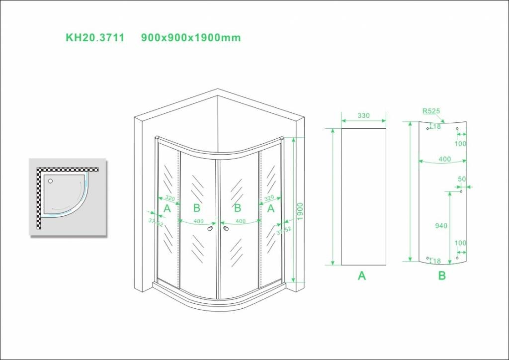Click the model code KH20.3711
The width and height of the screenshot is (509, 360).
95,38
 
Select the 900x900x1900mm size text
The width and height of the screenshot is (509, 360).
191,38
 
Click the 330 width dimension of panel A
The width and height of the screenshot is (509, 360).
363,115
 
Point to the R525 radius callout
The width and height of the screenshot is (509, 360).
431,111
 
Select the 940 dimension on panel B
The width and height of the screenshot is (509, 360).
441,226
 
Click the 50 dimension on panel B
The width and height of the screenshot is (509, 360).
462,179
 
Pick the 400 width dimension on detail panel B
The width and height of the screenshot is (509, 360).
444,159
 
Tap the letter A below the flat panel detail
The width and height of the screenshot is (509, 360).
362,275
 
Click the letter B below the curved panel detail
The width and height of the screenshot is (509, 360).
442,275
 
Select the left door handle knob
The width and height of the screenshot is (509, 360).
211,228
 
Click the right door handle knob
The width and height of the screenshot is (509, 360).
226,228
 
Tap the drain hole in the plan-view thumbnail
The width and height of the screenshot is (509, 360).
51,181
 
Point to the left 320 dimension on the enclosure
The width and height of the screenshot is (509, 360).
170,198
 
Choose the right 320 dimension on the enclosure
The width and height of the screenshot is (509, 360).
269,198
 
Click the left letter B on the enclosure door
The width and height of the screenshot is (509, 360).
197,208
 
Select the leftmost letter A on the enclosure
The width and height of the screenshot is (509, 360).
167,208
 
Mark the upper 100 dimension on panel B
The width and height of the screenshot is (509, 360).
460,144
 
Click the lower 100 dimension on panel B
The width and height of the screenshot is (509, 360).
460,243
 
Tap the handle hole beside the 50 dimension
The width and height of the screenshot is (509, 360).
461,191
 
